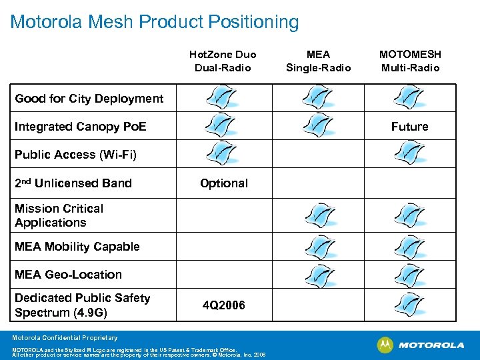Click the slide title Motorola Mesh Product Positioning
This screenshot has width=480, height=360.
click(155, 22)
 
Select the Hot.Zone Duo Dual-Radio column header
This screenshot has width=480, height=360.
click(223, 61)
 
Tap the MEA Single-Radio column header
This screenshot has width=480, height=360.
click(318, 61)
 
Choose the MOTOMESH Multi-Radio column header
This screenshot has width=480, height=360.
click(410, 61)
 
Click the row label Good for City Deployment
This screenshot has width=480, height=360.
click(89, 99)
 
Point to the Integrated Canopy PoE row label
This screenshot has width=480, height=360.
click(81, 127)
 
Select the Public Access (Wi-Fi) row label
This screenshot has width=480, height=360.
click(75, 155)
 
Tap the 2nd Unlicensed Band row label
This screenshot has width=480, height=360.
click(73, 183)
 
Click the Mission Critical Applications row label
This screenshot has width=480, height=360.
click(59, 215)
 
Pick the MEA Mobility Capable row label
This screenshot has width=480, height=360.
click(77, 247)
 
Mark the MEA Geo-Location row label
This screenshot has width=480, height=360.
click(68, 275)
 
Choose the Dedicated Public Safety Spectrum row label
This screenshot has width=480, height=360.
click(82, 305)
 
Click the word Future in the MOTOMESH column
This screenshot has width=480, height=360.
click(410, 127)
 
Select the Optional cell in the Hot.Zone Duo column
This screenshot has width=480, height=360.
click(224, 183)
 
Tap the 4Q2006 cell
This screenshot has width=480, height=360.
click(224, 305)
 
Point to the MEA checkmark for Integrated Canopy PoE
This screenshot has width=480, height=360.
click(318, 125)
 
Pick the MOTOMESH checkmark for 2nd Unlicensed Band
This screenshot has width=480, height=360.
click(409, 182)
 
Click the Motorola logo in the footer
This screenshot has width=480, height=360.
click(421, 345)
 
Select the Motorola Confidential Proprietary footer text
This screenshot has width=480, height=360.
click(64, 338)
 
